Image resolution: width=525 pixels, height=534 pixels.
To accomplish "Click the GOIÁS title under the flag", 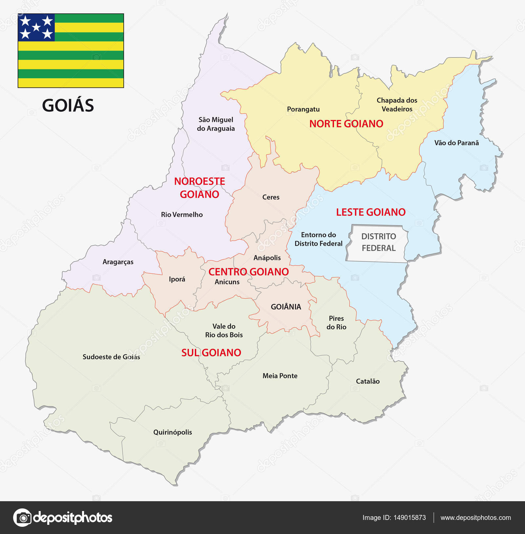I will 68,105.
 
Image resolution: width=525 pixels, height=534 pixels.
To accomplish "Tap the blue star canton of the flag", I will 36,27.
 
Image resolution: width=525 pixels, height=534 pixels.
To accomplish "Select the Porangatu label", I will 303,109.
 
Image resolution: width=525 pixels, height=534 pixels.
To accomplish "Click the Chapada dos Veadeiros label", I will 397,105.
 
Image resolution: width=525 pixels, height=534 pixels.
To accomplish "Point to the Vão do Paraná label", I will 456,143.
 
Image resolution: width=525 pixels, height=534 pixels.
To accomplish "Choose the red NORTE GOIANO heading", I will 346,124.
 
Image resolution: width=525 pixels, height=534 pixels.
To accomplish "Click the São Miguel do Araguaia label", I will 216,124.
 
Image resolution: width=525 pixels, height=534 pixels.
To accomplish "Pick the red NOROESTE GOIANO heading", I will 199,188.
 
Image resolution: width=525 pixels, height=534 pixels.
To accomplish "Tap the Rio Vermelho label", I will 182,215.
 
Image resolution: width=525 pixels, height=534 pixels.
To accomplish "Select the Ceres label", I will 271,197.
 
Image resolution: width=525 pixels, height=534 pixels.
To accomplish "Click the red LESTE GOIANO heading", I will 371,212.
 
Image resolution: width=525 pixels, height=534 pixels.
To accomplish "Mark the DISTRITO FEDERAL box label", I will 379,242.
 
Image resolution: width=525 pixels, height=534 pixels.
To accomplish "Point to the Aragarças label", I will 118,262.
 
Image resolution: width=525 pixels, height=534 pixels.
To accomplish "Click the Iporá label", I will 177,279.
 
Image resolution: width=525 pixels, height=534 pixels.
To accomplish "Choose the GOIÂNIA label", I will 286,307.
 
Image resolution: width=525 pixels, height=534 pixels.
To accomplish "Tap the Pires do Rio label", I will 336,322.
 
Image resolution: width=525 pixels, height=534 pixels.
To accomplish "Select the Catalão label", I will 368,381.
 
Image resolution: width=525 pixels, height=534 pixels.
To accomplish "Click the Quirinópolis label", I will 173,432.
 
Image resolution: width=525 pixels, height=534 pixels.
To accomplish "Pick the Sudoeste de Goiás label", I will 111,357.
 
